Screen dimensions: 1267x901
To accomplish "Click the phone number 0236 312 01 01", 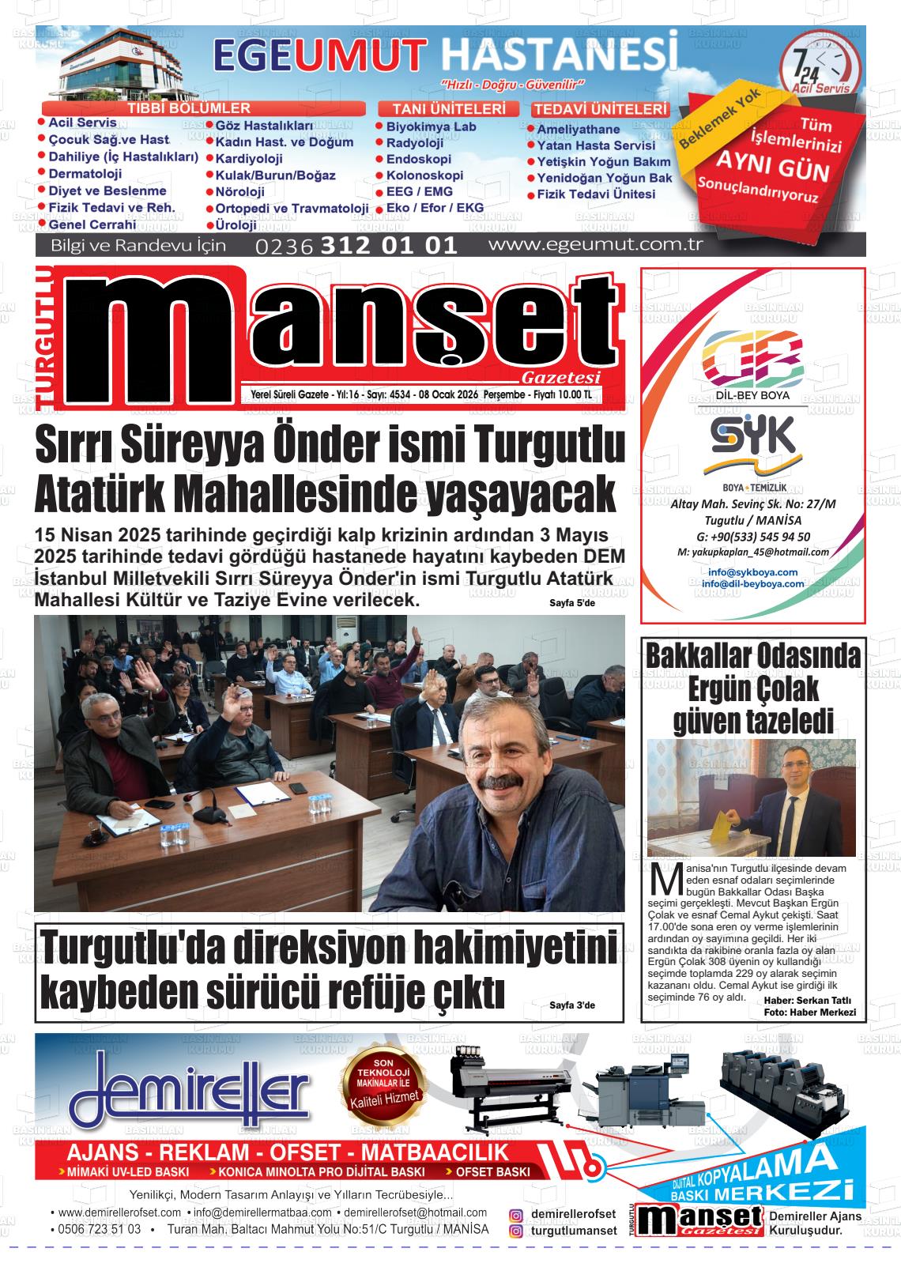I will (356, 245).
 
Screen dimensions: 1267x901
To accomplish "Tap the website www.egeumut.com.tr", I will (595, 244).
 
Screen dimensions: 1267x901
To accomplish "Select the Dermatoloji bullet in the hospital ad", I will (85, 174).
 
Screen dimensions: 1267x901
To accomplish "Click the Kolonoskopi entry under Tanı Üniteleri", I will (424, 175).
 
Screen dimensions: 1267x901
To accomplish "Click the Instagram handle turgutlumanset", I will (574, 1231).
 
